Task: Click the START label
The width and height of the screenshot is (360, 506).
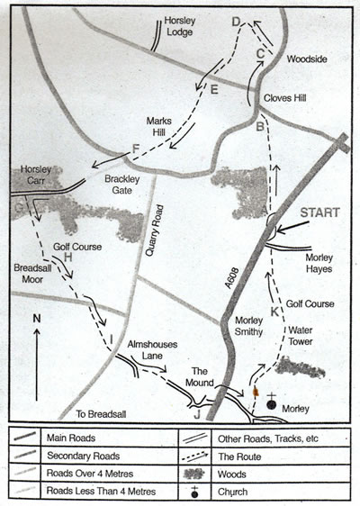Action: [x=320, y=212]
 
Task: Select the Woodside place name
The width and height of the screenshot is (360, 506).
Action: [x=308, y=59]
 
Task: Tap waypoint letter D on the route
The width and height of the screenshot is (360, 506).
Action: [x=237, y=21]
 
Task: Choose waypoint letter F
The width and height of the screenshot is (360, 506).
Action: [x=136, y=149]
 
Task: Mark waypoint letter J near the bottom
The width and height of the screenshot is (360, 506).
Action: [x=195, y=415]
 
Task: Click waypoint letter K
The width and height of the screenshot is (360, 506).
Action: [x=274, y=312]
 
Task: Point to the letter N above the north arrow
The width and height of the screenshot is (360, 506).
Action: [x=35, y=318]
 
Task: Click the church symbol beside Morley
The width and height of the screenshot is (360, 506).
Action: [x=271, y=402]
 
